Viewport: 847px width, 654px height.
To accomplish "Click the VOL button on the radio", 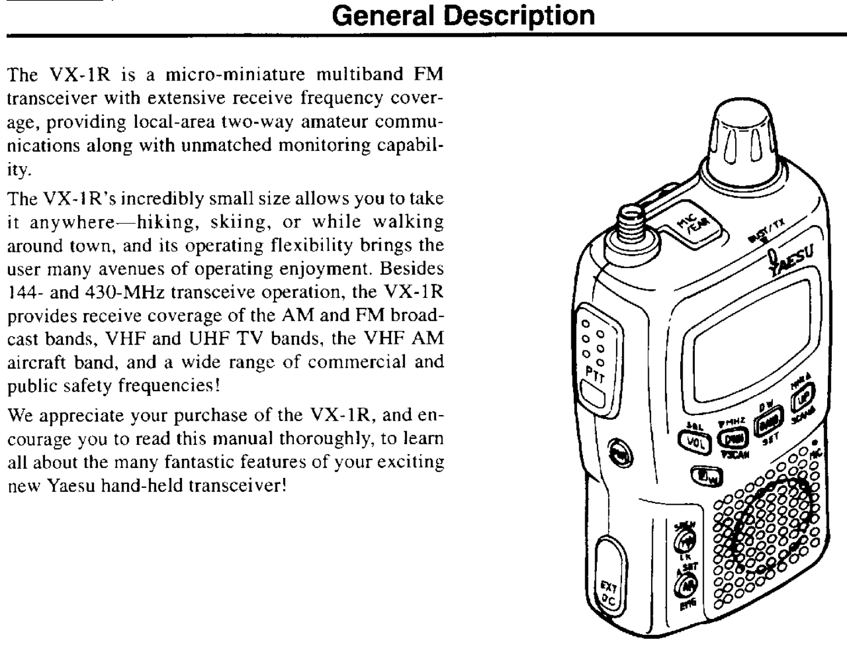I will pos(694,441).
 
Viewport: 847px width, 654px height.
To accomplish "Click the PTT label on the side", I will pos(594,375).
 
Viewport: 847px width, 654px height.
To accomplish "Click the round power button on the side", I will pos(616,452).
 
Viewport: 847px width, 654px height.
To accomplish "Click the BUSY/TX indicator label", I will pos(764,234).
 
